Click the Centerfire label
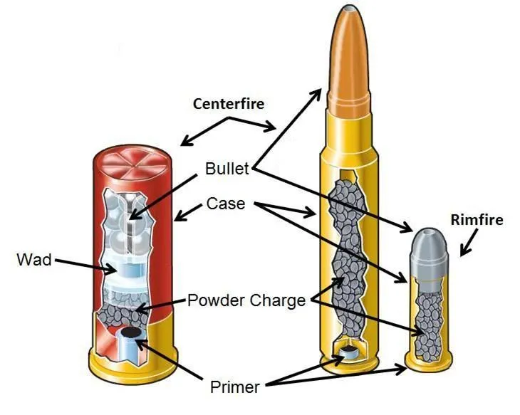(228, 104)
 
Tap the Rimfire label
(477, 220)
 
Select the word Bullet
(227, 169)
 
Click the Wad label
(34, 259)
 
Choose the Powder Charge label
(246, 300)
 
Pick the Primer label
(234, 387)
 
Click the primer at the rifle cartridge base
(349, 352)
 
